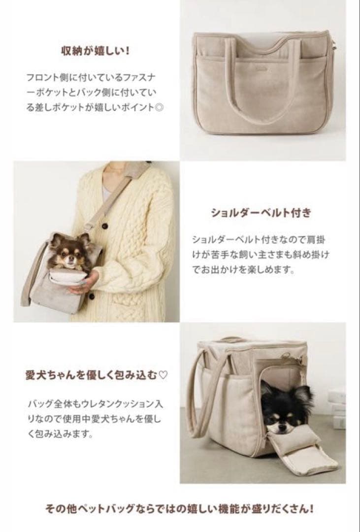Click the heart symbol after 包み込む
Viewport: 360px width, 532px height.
point(164,375)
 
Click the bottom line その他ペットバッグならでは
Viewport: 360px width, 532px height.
point(180,508)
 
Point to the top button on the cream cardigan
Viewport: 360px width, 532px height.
point(105,226)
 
